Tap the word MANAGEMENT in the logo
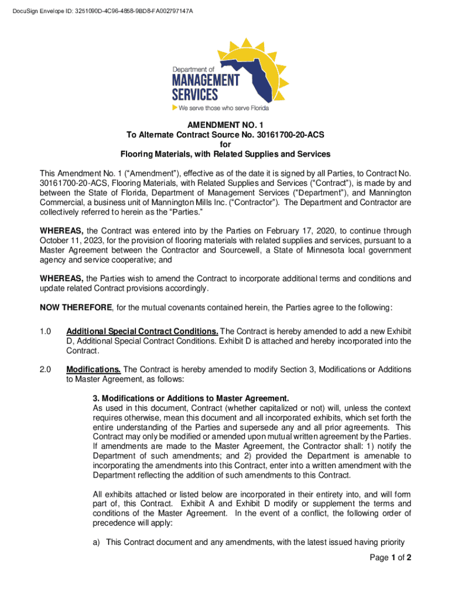coord(206,80)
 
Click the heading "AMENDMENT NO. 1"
coord(225,125)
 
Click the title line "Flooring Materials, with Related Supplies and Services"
coord(225,154)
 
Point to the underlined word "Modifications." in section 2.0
coord(94,370)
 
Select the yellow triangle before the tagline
coord(175,108)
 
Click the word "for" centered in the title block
coord(225,144)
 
